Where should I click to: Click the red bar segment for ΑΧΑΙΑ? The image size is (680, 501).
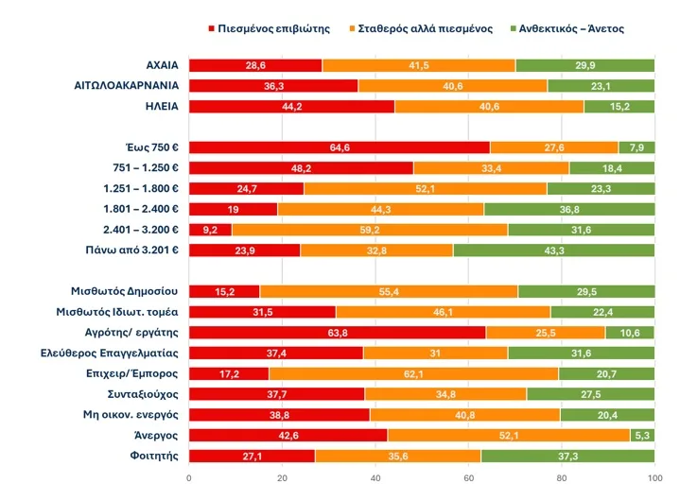tap(255, 65)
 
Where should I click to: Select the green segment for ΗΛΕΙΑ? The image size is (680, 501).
tap(619, 106)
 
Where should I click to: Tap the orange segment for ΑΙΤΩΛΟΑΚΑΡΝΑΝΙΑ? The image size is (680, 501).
tap(452, 86)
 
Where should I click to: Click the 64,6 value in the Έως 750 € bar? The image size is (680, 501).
tap(339, 147)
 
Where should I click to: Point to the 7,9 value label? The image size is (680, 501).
tap(636, 147)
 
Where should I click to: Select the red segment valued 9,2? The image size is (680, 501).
tap(210, 230)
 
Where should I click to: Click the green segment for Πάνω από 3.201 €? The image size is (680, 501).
tap(553, 250)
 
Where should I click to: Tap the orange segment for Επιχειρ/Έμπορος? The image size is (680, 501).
tap(413, 373)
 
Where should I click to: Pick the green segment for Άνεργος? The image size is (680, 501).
tap(642, 435)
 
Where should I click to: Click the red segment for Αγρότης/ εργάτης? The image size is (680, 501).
tap(337, 332)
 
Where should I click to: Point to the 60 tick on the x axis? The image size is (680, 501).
tap(468, 478)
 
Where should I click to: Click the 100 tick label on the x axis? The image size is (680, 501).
tap(654, 478)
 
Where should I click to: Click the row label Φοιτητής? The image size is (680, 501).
tap(151, 456)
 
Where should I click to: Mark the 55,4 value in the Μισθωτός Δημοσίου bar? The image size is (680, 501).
tap(389, 291)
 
